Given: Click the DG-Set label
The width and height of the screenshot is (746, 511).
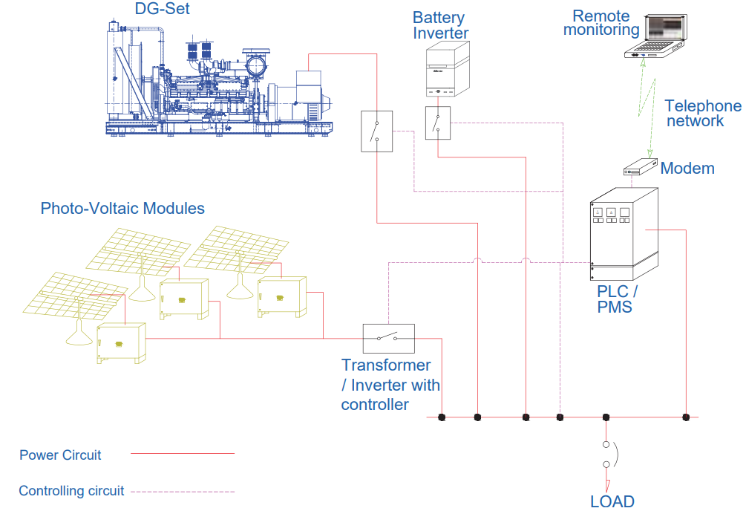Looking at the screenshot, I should tap(162, 9).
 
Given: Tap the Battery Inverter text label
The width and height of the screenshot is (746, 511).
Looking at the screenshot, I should tap(440, 25).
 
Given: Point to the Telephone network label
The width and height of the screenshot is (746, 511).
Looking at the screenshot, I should tap(702, 113).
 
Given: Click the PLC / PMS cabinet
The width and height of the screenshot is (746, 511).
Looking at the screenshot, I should tap(624, 232).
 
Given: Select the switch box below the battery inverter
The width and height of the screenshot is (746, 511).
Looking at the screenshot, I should tap(438, 123).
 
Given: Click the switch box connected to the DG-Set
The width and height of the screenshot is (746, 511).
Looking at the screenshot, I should tap(376, 131).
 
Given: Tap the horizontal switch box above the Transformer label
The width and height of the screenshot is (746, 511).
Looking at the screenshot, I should tap(388, 339).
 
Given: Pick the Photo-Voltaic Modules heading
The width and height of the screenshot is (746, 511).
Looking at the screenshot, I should tap(122, 208).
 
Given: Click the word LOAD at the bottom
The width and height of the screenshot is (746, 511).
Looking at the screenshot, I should tap(612, 501).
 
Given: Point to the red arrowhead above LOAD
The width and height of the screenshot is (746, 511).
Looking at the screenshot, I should tap(606, 484).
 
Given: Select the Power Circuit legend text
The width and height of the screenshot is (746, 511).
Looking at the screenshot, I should tap(60, 455).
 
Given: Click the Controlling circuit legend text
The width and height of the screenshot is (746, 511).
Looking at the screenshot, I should tap(71, 491).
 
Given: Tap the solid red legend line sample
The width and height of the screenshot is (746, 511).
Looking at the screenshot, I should tap(182, 453).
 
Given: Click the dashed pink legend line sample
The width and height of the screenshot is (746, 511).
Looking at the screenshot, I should tap(182, 492).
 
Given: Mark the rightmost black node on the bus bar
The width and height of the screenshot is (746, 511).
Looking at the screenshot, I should tap(686, 417).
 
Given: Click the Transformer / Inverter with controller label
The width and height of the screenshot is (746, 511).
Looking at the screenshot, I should tap(390, 385).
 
